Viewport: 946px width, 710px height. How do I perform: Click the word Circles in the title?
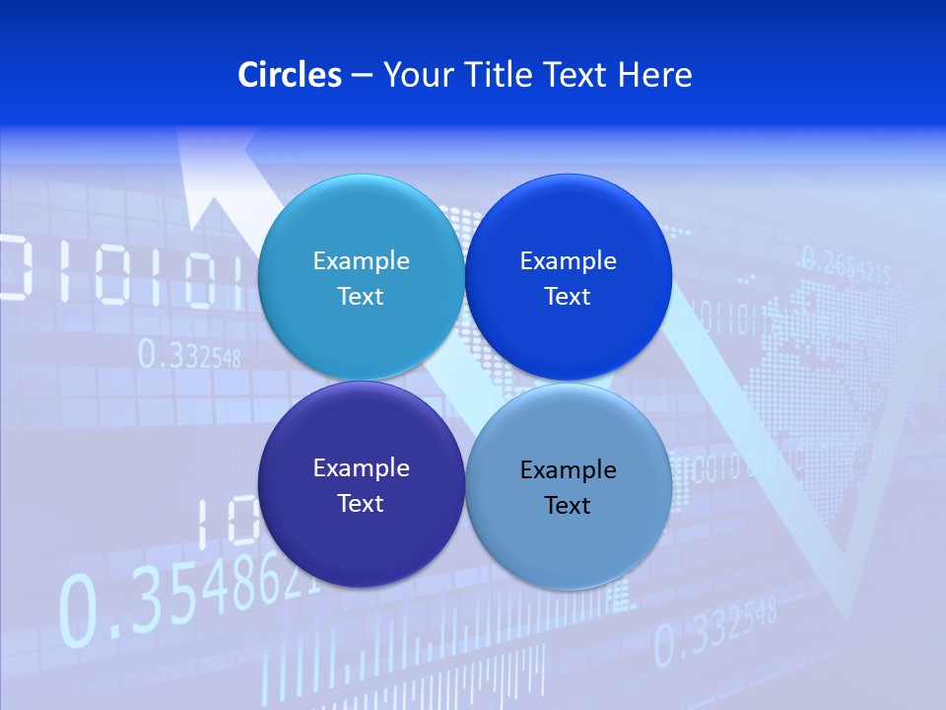[x=290, y=75]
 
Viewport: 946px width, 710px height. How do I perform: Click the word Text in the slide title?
[x=576, y=75]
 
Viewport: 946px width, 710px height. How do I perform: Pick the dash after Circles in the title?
[x=361, y=76]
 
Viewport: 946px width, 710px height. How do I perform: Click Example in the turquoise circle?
[x=361, y=261]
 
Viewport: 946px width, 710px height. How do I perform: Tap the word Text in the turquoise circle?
[x=361, y=296]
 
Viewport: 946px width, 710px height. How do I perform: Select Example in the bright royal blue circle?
[x=568, y=261]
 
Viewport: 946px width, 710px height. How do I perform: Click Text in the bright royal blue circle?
[x=568, y=296]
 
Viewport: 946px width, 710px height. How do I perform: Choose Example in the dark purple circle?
[x=361, y=468]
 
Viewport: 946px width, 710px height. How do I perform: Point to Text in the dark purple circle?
[x=361, y=503]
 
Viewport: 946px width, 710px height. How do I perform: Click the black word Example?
[x=568, y=470]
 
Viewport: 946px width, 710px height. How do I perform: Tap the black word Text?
[x=568, y=505]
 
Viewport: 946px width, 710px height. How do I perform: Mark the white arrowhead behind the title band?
[x=211, y=177]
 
